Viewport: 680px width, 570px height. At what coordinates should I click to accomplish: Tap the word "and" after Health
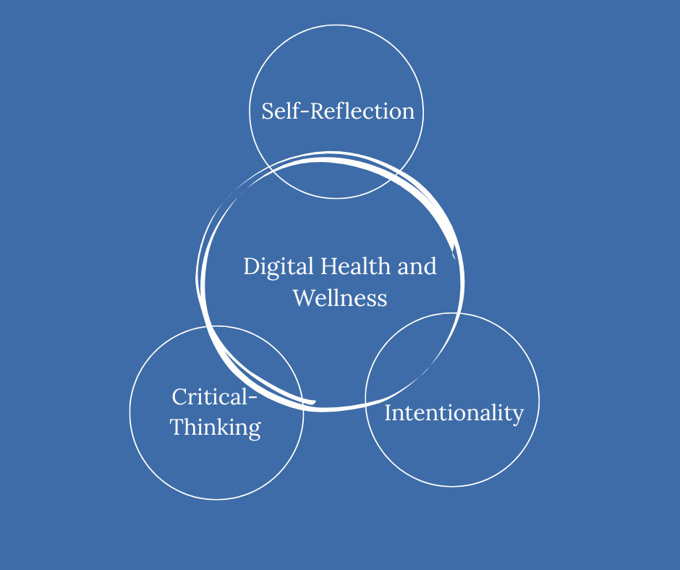click(x=417, y=266)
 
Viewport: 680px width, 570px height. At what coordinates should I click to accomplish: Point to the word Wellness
click(x=340, y=298)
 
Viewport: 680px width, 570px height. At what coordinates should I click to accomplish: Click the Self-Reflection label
click(x=338, y=111)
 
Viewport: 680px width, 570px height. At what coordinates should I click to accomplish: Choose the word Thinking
click(x=216, y=427)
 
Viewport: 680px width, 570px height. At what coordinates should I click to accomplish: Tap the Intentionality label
click(x=454, y=413)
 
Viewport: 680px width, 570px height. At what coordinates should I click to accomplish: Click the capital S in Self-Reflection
click(x=268, y=111)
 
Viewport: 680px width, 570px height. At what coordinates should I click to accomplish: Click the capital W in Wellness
click(x=304, y=298)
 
